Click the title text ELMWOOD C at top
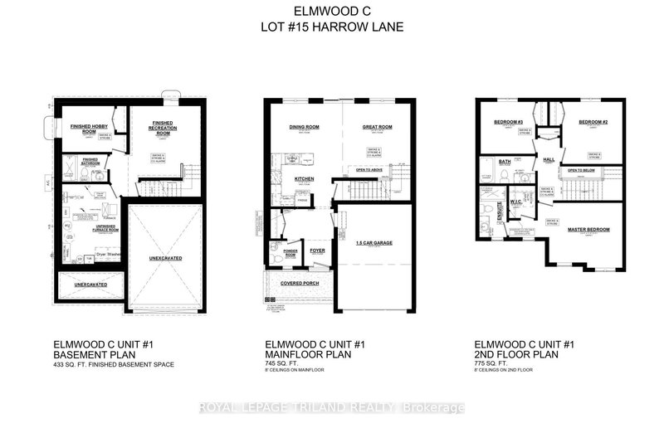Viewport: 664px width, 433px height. pyautogui.click(x=332, y=12)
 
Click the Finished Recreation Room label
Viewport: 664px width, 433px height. pyautogui.click(x=161, y=128)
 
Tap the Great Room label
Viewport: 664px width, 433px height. pyautogui.click(x=376, y=128)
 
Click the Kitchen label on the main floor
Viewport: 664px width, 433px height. pyautogui.click(x=303, y=178)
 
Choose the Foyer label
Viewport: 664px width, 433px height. pyautogui.click(x=316, y=249)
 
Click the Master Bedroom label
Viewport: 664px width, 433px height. pyautogui.click(x=589, y=230)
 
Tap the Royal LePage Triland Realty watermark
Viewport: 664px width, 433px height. pyautogui.click(x=332, y=406)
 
